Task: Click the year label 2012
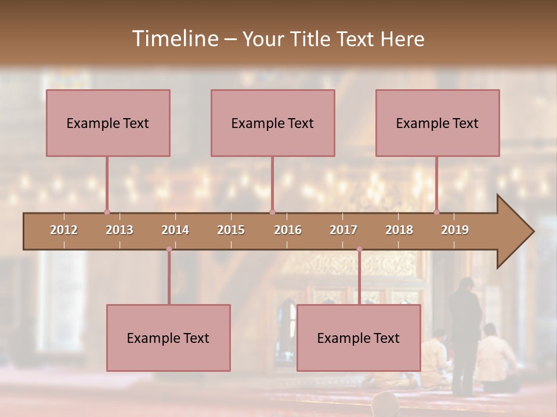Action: coord(64,230)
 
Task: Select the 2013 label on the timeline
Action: coord(120,230)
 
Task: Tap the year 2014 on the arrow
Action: coord(175,230)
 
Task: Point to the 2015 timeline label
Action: coord(231,230)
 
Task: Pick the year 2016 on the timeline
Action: coord(288,230)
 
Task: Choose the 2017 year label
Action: coord(343,230)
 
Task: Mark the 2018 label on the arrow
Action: coord(399,230)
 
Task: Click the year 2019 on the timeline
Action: coord(455,230)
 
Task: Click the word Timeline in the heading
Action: coord(175,39)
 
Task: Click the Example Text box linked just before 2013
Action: coord(108,123)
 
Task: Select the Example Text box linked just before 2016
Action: coord(273,123)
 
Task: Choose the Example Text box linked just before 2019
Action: coord(437,123)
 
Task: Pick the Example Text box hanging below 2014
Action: coord(168,338)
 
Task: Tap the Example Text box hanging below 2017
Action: coord(359,338)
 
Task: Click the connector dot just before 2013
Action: coord(107,212)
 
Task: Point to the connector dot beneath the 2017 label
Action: coord(359,249)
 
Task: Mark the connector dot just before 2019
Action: coord(436,212)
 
